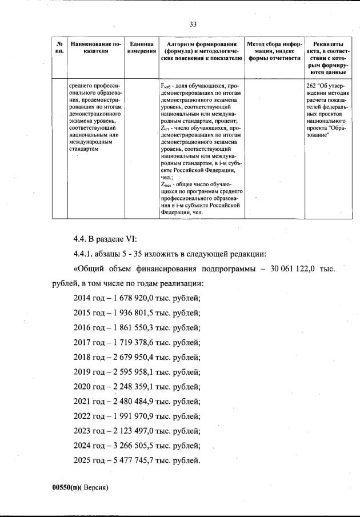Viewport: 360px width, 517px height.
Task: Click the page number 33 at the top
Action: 193,23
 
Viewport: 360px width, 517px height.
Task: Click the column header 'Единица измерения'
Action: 141,47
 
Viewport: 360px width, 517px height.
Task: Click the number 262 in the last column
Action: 312,86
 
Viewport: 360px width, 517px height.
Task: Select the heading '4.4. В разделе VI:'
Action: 102,239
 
